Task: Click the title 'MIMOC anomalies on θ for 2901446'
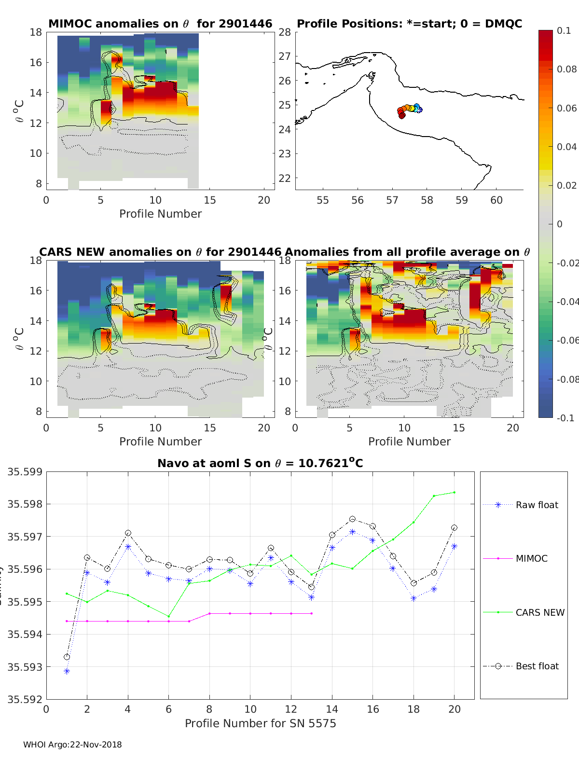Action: [x=160, y=24]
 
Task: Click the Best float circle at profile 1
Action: [x=67, y=657]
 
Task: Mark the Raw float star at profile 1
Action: [x=67, y=671]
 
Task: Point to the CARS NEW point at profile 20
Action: [x=454, y=492]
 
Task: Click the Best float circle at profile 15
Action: [x=352, y=519]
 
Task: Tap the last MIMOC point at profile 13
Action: [x=312, y=613]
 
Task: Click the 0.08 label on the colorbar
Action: [x=566, y=69]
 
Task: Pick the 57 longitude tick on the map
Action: [x=392, y=200]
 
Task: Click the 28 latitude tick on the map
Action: [x=285, y=32]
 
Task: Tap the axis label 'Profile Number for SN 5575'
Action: [x=260, y=723]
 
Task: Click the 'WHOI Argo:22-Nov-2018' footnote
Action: [x=72, y=745]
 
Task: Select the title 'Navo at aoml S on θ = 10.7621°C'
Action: [x=260, y=463]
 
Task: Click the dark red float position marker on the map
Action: [x=402, y=115]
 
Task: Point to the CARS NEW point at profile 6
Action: [x=169, y=616]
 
